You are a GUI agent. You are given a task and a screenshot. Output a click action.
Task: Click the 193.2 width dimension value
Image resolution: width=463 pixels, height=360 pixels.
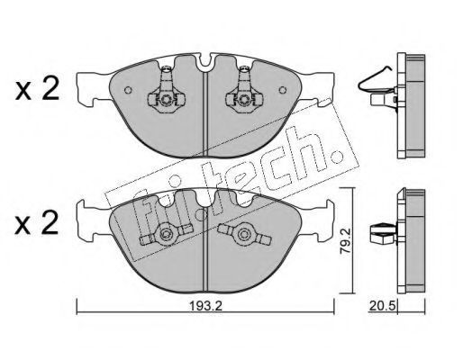[205, 306]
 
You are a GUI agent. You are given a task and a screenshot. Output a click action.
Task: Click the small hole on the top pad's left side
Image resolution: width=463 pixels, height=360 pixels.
[128, 90]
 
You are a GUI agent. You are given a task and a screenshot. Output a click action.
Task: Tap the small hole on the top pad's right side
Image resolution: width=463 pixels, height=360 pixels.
[283, 90]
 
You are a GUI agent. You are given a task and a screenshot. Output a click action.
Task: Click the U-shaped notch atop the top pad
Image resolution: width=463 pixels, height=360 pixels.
[205, 61]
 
